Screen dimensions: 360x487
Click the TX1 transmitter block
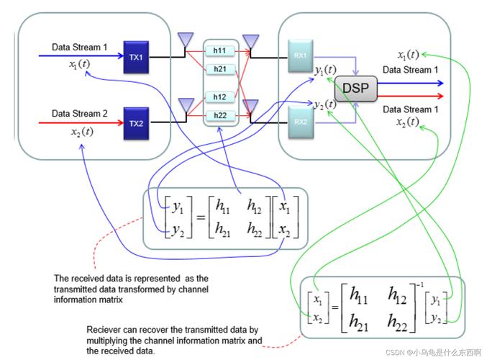point(135,58)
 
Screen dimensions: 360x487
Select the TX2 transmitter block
point(135,122)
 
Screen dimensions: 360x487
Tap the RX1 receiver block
point(300,55)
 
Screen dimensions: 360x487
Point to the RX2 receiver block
point(300,122)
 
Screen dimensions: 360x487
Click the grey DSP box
point(355,88)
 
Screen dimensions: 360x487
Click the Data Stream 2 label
point(79,113)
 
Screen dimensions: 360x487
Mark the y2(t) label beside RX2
point(325,104)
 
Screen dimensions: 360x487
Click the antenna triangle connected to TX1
point(186,37)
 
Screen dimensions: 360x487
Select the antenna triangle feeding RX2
point(250,106)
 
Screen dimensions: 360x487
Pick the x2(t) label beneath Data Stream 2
point(81,131)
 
